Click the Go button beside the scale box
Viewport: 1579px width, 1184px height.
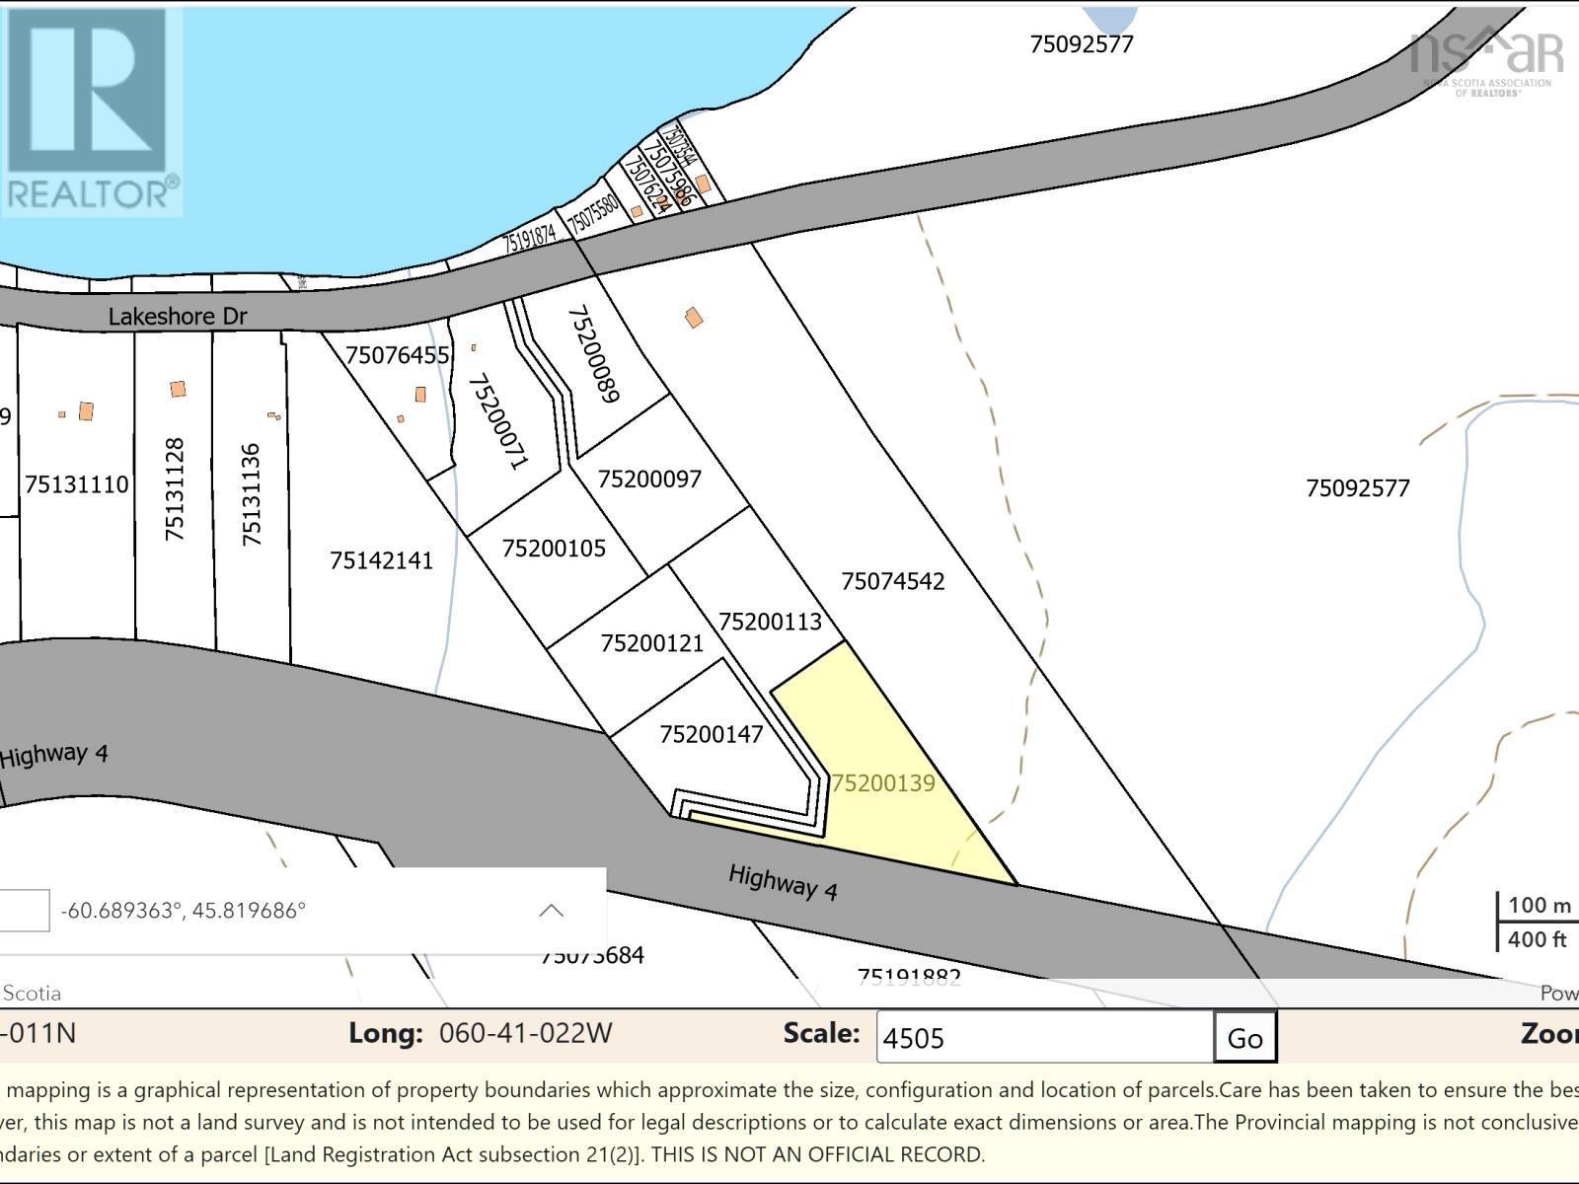click(1244, 1038)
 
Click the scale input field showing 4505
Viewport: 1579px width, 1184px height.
click(1044, 1038)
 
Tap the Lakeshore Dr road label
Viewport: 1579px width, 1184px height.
click(178, 317)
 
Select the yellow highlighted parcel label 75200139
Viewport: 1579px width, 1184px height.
click(883, 783)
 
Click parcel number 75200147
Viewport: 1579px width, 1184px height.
click(712, 735)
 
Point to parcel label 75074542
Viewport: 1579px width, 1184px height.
click(892, 581)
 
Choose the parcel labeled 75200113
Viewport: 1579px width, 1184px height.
click(770, 622)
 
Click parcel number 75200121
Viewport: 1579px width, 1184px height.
click(652, 643)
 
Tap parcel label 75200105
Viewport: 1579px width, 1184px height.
click(554, 549)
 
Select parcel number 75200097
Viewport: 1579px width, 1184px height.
click(649, 480)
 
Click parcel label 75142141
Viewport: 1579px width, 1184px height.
click(381, 561)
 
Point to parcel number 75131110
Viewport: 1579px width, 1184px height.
click(77, 484)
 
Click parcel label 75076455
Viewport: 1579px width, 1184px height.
click(398, 355)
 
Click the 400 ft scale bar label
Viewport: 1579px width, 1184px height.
click(1537, 939)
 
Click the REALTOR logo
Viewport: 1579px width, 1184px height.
click(91, 110)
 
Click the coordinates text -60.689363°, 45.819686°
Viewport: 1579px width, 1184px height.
click(184, 910)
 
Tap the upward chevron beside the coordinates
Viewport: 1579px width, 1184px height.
click(551, 910)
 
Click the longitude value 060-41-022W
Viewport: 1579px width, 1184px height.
click(525, 1034)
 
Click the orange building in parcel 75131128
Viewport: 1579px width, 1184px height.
click(178, 390)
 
